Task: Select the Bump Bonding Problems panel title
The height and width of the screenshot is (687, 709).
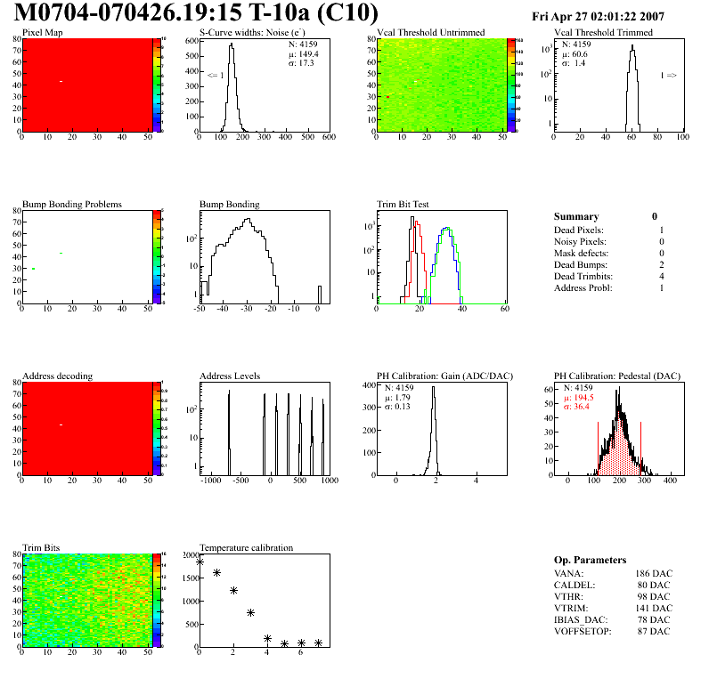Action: pos(72,204)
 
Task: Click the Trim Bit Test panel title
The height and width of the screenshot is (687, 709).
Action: pos(403,204)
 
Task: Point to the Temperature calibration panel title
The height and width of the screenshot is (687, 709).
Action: pos(246,547)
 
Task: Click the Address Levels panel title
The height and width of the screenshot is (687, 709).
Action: pos(231,376)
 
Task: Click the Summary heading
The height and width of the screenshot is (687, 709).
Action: pos(576,216)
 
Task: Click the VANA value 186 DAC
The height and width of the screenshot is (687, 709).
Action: pos(654,573)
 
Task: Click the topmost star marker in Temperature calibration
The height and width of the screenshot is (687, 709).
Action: pos(200,562)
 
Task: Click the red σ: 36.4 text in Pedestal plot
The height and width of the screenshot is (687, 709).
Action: pos(582,407)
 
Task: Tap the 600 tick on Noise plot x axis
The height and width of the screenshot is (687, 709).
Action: pos(328,138)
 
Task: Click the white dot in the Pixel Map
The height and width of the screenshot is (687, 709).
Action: pos(61,82)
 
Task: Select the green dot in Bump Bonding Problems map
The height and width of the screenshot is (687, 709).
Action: pos(33,269)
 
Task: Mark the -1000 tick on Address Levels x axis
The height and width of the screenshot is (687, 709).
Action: pos(211,481)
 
